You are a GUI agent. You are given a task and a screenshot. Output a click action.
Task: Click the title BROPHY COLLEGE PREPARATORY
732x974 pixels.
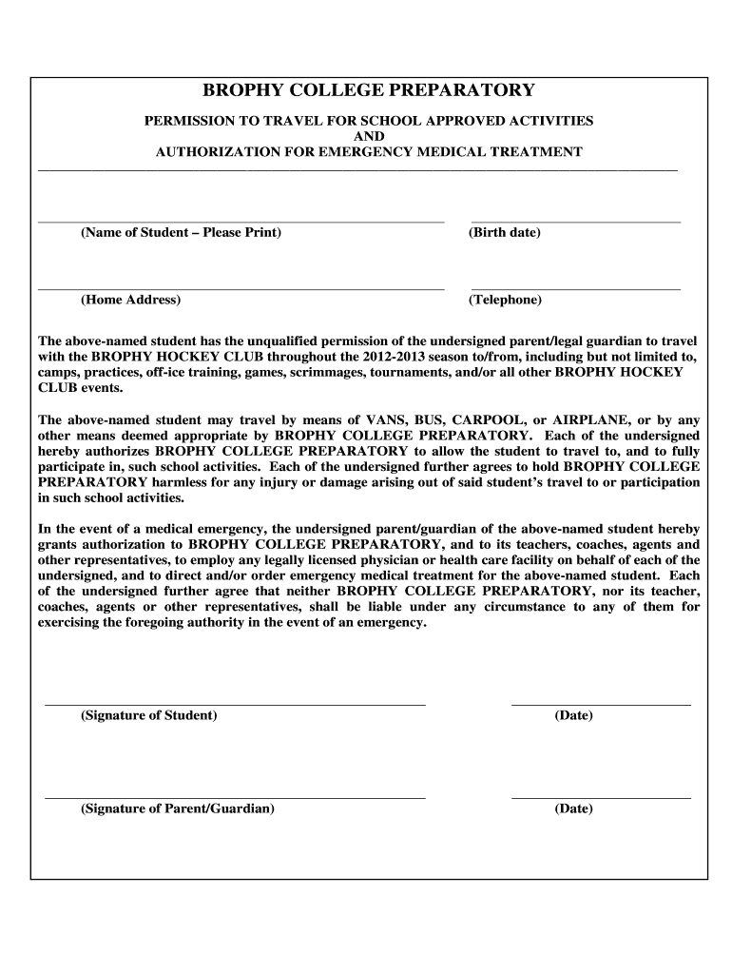pyautogui.click(x=369, y=90)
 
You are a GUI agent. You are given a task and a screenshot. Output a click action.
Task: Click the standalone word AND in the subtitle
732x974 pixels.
pyautogui.click(x=369, y=136)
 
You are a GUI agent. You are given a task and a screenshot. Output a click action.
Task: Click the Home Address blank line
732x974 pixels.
pyautogui.click(x=241, y=286)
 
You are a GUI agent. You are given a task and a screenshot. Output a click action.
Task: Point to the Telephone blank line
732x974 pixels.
pyautogui.click(x=576, y=286)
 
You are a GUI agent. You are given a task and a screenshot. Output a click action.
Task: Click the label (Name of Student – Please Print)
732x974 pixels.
pyautogui.click(x=181, y=233)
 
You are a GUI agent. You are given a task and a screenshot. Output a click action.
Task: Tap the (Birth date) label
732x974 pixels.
pyautogui.click(x=504, y=233)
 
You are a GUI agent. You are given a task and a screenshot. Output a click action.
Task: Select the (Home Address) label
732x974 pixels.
pyautogui.click(x=130, y=300)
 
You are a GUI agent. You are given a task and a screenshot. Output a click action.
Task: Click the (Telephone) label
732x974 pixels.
pyautogui.click(x=505, y=300)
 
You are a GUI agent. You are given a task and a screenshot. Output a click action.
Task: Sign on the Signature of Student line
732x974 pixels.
pyautogui.click(x=235, y=703)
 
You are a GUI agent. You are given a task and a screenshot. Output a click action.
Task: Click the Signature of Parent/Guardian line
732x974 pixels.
pyautogui.click(x=235, y=796)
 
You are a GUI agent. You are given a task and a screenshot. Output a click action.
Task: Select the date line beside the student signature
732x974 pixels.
pyautogui.click(x=601, y=703)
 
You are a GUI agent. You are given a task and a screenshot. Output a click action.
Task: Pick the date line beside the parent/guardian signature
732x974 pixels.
pyautogui.click(x=601, y=796)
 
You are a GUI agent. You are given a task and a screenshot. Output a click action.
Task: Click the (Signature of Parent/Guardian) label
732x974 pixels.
pyautogui.click(x=178, y=809)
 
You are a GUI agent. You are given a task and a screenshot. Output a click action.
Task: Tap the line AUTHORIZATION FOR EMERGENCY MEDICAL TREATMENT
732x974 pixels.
pyautogui.click(x=369, y=152)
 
